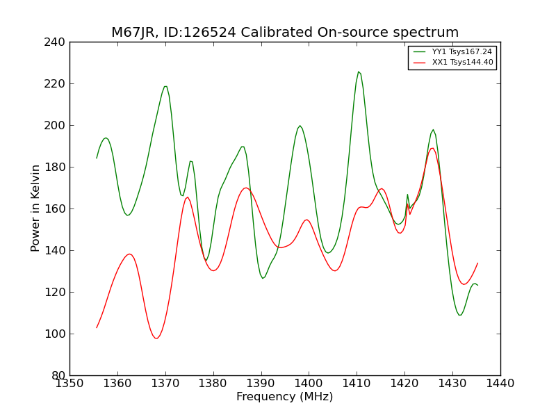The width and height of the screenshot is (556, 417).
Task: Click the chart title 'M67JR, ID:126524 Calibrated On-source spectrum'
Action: click(x=285, y=33)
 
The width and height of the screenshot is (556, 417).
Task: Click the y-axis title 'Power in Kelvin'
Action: click(x=35, y=208)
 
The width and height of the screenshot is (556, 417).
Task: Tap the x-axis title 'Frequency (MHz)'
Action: click(x=285, y=397)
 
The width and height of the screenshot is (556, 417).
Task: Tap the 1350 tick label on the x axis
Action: click(x=69, y=384)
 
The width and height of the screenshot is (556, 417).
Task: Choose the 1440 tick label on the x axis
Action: click(x=500, y=384)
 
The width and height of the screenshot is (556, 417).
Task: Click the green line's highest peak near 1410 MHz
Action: click(x=359, y=72)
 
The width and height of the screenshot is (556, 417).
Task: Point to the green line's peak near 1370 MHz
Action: click(x=165, y=86)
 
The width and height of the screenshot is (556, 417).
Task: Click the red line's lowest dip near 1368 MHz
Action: click(x=156, y=338)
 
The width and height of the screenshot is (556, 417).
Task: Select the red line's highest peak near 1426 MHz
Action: click(x=432, y=147)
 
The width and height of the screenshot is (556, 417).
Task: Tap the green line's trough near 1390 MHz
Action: click(x=263, y=279)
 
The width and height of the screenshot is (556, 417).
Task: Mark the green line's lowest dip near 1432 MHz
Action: click(x=459, y=315)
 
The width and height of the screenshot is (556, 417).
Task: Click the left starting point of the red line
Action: click(x=97, y=327)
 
